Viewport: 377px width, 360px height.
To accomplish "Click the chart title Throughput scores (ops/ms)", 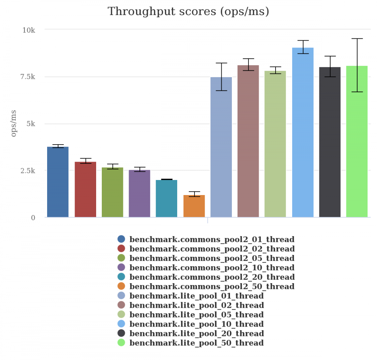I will tap(188, 11).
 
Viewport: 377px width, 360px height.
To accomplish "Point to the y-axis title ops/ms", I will tap(14, 123).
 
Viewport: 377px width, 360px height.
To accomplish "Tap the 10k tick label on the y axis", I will tap(29, 30).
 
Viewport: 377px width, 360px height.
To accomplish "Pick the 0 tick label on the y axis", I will tap(33, 218).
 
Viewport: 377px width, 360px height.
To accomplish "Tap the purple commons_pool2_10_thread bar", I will tap(139, 194).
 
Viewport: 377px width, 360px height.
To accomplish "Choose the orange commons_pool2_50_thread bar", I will tap(194, 206).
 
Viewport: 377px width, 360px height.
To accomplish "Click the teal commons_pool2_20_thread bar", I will tap(167, 198).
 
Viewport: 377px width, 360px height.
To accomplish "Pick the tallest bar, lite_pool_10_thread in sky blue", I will tap(303, 132).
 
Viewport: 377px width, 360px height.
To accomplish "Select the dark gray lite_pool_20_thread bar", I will tap(330, 142).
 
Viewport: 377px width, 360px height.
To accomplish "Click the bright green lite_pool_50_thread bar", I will tap(357, 142).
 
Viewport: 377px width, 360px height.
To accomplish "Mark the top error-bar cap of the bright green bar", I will tap(357, 38).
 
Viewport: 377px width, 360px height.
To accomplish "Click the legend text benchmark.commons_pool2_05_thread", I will tap(212, 258).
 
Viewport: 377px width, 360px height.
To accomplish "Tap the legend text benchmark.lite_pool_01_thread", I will tap(196, 296).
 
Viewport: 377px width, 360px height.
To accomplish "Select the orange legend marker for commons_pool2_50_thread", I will tap(121, 287).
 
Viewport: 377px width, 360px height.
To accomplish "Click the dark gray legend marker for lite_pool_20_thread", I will tap(121, 334).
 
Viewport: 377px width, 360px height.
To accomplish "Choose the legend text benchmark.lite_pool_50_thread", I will tap(196, 343).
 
